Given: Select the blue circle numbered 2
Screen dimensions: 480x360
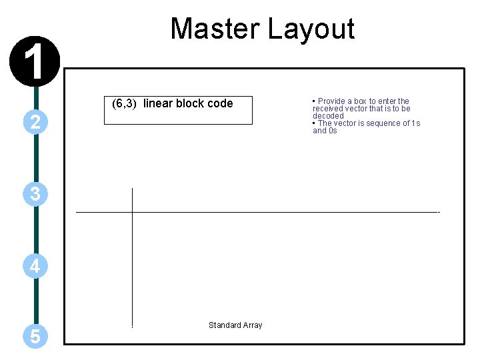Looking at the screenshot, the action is [35, 121].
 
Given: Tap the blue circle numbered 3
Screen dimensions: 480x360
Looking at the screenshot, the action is [35, 194].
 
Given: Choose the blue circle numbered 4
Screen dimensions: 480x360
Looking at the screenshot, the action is [35, 266].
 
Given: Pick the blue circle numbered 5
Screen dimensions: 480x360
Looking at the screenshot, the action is [35, 337].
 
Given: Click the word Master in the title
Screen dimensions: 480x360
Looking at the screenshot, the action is [215, 29].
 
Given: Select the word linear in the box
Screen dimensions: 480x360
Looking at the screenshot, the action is [158, 103].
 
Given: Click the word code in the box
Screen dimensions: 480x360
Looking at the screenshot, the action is [221, 103].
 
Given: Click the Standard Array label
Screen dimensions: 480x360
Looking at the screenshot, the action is [235, 325].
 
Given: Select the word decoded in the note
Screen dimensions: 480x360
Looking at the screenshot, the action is [328, 116].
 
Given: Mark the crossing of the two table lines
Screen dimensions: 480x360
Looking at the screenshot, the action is [133, 212].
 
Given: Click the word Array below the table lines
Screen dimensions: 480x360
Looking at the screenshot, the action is [252, 325].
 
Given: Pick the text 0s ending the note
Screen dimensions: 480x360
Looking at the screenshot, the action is [333, 131].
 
